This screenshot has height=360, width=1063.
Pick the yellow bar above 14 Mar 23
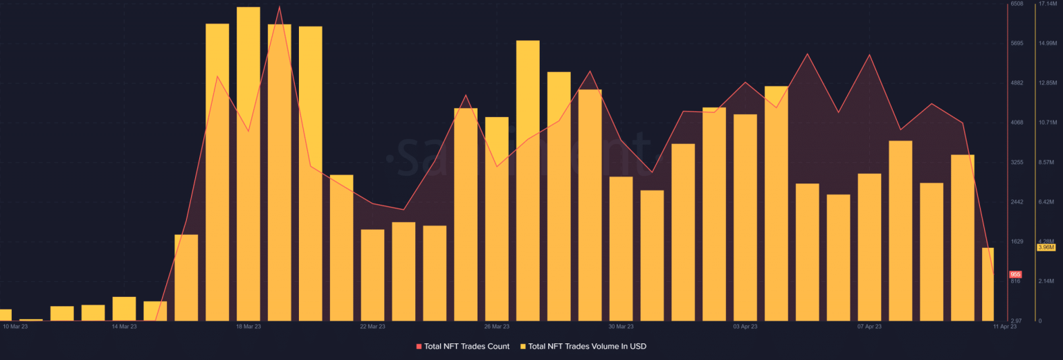[124, 309]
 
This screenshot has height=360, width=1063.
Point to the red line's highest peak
[280, 8]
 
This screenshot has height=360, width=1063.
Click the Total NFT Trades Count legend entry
[462, 346]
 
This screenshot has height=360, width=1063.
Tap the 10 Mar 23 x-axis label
[16, 326]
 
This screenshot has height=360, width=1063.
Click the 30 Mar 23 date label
[621, 326]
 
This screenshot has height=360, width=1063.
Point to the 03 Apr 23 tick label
[745, 326]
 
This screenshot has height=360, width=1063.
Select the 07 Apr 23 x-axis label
[869, 326]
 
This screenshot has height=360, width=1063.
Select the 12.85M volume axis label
[1046, 83]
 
